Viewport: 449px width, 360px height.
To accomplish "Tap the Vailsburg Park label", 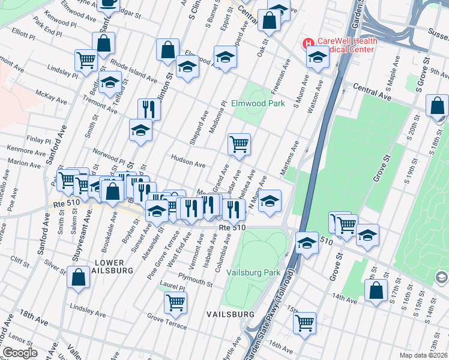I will click(253, 272).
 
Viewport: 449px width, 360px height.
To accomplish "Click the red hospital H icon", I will click(308, 44).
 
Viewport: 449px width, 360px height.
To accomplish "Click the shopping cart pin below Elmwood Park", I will click(239, 144).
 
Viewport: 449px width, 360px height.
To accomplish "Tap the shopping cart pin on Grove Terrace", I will click(175, 302).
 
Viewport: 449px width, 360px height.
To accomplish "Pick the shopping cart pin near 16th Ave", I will click(305, 323).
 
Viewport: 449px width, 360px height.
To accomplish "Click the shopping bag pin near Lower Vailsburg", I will click(78, 278).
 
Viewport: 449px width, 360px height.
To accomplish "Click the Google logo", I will click(20, 353).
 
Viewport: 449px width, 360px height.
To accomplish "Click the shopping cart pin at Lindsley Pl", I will click(86, 60).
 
